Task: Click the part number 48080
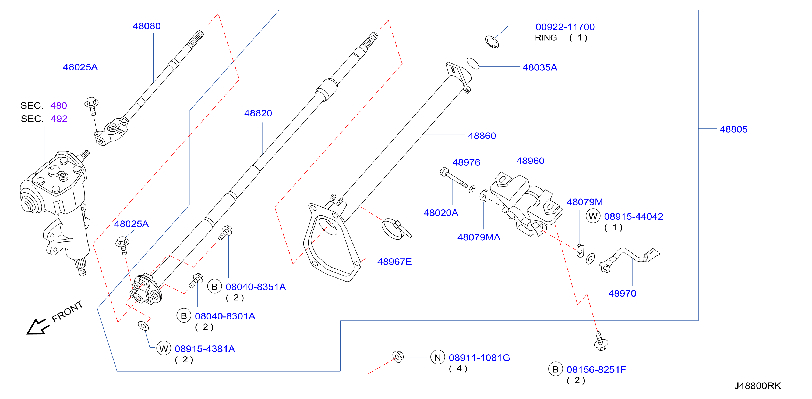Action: pyautogui.click(x=147, y=26)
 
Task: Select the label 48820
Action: pyautogui.click(x=258, y=113)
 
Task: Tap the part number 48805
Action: pyautogui.click(x=733, y=129)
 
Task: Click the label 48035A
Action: pyautogui.click(x=540, y=67)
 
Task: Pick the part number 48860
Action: pyautogui.click(x=482, y=136)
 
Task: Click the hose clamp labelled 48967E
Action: pyautogui.click(x=396, y=229)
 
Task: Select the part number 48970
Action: pyautogui.click(x=622, y=294)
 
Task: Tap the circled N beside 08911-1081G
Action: pyautogui.click(x=438, y=357)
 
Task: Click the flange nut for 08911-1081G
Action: pyautogui.click(x=398, y=357)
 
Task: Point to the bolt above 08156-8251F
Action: pyautogui.click(x=601, y=341)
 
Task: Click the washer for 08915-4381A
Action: pyautogui.click(x=143, y=326)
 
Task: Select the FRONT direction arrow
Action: pyautogui.click(x=38, y=327)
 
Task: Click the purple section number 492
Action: pyautogui.click(x=59, y=119)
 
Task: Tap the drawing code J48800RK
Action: pyautogui.click(x=757, y=386)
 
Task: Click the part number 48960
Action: pyautogui.click(x=530, y=161)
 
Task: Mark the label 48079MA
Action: pyautogui.click(x=479, y=237)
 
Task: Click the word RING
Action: pyautogui.click(x=546, y=38)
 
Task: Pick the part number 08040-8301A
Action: pyautogui.click(x=225, y=316)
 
